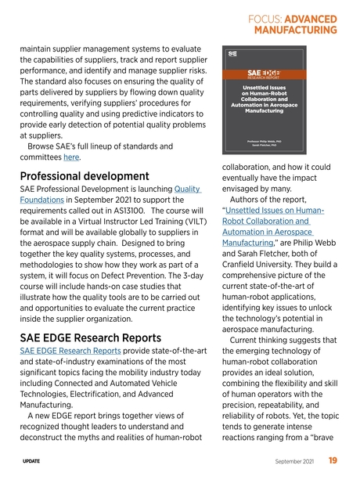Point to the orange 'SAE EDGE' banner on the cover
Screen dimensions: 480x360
(268, 74)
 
